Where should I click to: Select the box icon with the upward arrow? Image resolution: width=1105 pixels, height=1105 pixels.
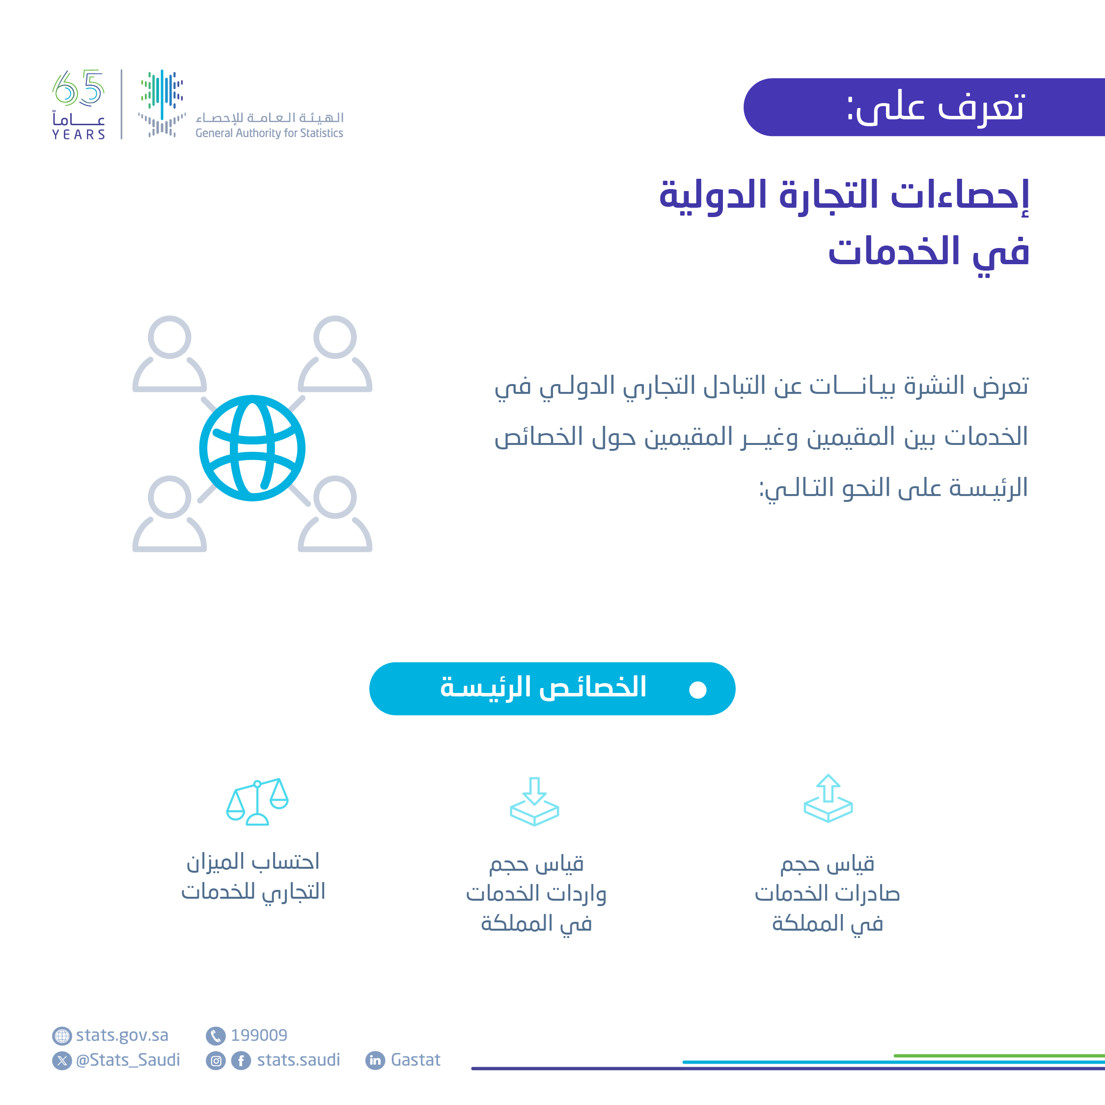coord(828,799)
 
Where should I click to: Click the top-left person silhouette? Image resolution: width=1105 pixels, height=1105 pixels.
coord(169,354)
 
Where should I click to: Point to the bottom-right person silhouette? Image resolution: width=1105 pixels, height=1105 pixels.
coord(334,514)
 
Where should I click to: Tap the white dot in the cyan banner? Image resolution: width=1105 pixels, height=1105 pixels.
coord(697,690)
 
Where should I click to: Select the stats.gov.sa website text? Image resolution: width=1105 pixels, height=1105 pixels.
coord(122,1035)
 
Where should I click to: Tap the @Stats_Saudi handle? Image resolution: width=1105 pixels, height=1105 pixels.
coord(128,1060)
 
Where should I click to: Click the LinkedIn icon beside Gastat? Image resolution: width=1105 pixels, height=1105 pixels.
coord(375,1060)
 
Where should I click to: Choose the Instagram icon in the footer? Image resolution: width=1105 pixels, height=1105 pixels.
coord(216,1061)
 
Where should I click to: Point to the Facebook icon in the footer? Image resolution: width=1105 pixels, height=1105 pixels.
coord(241,1061)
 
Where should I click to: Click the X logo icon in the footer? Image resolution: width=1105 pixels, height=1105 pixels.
coord(62,1061)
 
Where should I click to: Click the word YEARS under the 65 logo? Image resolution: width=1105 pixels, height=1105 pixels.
coord(79,135)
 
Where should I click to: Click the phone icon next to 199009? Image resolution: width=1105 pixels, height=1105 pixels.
coord(216,1036)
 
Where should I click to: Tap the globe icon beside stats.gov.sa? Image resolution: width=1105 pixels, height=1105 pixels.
coord(62,1036)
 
